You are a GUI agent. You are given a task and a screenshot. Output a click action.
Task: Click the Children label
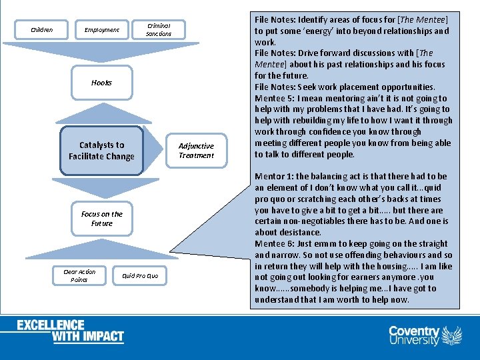pos(42,29)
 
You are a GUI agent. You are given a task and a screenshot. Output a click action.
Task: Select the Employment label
pos(101,29)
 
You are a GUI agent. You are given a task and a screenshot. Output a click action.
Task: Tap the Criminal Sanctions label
pos(159,29)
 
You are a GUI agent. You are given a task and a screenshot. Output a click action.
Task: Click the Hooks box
pos(101,83)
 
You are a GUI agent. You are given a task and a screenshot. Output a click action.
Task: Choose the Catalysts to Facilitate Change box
pos(101,151)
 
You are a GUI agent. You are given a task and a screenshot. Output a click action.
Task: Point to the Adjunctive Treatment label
pos(196,151)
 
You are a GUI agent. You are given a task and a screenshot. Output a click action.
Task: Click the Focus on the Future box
pos(101,219)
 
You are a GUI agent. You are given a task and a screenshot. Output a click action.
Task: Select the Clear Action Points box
pos(79,275)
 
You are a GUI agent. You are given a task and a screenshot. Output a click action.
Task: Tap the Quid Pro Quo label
pos(140,275)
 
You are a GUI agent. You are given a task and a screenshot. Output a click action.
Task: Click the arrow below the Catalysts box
pos(101,186)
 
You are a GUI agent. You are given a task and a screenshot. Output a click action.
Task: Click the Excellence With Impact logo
pos(70,331)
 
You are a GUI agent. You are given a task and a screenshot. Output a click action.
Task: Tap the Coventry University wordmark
pos(414,335)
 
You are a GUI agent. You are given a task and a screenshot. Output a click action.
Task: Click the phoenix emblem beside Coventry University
pos(452,335)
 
